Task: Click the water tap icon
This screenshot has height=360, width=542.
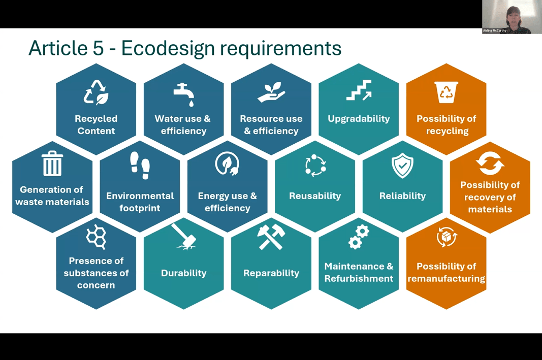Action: tap(184, 94)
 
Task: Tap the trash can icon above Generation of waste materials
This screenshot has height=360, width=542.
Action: tap(52, 163)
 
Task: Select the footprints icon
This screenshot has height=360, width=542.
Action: tap(140, 165)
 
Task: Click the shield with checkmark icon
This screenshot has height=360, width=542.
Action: tap(402, 166)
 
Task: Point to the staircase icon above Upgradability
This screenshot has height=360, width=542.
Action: tap(359, 91)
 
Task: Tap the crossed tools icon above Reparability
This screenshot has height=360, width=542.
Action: tap(271, 237)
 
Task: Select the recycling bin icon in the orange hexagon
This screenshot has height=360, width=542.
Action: tap(447, 92)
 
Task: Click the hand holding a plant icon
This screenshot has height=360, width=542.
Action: tap(271, 91)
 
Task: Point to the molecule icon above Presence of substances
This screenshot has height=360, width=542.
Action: tap(96, 237)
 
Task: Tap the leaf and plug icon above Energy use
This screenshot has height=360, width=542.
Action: tap(227, 165)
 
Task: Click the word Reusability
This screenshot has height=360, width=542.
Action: tap(315, 196)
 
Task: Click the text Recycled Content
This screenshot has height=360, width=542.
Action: tap(96, 125)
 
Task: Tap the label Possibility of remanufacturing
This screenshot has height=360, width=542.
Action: tap(447, 273)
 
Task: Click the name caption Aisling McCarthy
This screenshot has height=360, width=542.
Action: tap(495, 30)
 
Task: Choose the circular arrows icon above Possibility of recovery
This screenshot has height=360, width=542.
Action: tap(490, 164)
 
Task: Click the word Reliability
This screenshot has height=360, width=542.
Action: tap(402, 196)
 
